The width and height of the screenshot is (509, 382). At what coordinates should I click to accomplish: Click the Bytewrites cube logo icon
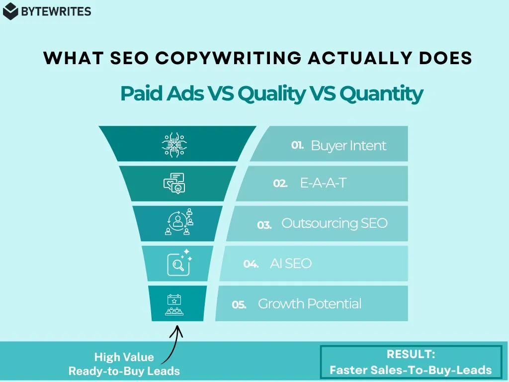10,11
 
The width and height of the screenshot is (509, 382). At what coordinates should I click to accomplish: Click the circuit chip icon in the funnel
174,144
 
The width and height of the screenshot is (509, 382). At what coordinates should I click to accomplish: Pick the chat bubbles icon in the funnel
174,183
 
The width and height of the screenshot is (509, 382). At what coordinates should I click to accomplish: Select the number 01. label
297,146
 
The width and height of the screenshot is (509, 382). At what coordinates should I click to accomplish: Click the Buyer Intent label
348,146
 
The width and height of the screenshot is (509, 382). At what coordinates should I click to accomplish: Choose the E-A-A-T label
323,183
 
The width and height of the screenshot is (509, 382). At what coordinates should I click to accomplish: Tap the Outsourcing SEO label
334,223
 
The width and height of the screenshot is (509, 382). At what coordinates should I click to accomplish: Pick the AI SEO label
291,264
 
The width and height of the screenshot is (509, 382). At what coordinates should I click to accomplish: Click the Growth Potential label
310,304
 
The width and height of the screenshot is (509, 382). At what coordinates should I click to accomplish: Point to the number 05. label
239,305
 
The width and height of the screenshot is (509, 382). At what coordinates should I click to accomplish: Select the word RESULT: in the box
411,355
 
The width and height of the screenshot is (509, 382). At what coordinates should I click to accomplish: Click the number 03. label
264,225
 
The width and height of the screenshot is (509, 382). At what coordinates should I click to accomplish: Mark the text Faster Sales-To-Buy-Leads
411,370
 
